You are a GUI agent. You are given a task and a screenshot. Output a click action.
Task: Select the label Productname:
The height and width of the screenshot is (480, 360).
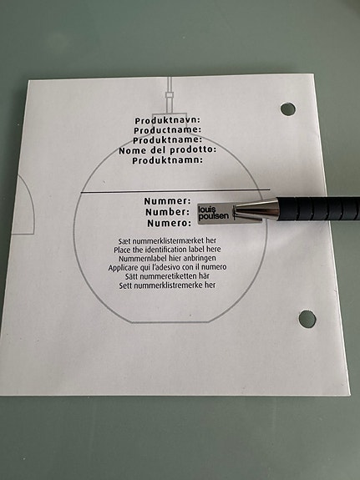[x=168, y=130]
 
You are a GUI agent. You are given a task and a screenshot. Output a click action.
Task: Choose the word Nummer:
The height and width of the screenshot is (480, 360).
[x=167, y=201]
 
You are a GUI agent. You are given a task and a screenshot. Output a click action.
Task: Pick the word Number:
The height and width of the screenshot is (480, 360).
[x=167, y=212]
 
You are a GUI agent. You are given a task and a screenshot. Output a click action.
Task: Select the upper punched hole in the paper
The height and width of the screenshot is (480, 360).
[x=287, y=109]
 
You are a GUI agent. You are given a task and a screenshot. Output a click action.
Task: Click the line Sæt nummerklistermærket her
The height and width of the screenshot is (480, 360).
[x=167, y=240]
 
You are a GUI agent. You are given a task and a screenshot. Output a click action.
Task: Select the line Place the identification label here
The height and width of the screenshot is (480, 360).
[x=167, y=250]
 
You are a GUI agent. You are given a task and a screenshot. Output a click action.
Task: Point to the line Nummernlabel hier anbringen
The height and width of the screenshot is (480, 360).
[x=167, y=258]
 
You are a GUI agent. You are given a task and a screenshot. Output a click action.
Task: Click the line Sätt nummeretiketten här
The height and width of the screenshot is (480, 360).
[x=167, y=276]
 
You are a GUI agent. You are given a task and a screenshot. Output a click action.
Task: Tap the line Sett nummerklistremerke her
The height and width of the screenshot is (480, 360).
[x=167, y=285]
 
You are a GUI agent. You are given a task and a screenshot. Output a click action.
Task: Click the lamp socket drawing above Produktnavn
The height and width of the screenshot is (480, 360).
[x=170, y=96]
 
